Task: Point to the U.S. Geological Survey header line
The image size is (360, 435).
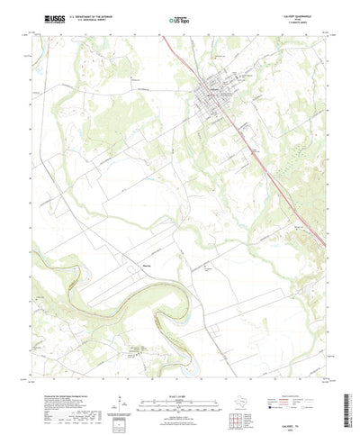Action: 85,19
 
